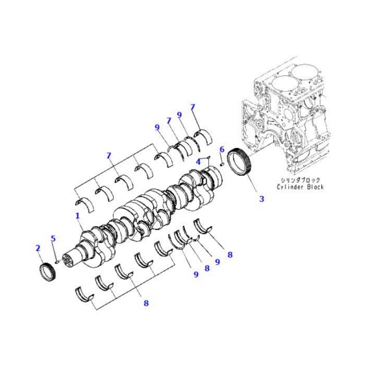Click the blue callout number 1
click(x=78, y=216)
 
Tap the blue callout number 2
click(x=38, y=248)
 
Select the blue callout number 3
click(x=261, y=199)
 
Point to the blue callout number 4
click(x=199, y=162)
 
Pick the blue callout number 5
click(x=53, y=239)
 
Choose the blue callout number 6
click(x=221, y=149)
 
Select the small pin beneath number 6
click(x=221, y=163)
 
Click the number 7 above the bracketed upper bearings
click(x=109, y=155)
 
